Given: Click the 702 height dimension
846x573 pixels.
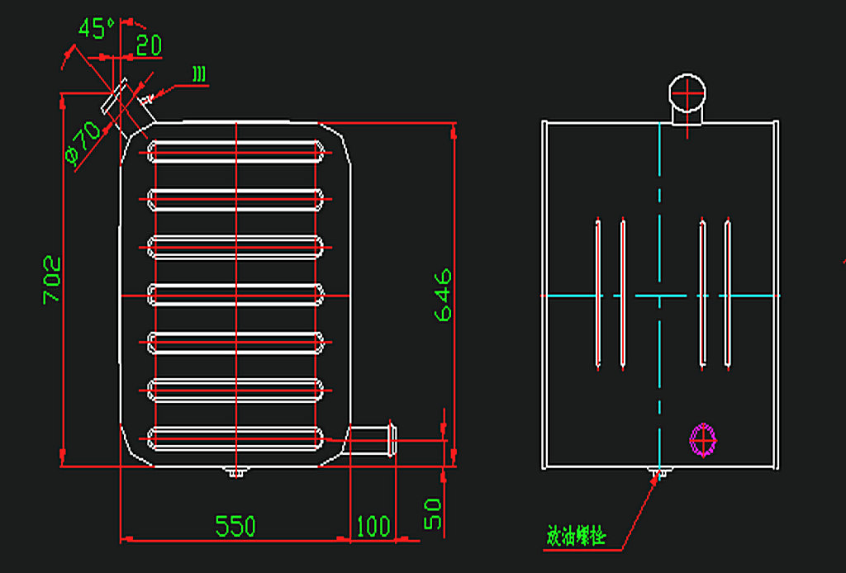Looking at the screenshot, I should (52, 280).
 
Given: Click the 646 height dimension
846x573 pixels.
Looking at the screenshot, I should (443, 294).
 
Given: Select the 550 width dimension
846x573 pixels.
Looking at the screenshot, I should (235, 526).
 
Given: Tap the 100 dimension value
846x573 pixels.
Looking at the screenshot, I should (373, 526).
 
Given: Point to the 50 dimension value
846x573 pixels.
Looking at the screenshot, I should (433, 513).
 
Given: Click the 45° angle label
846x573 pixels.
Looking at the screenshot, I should (97, 29).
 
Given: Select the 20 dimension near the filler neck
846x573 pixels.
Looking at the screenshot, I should (149, 45).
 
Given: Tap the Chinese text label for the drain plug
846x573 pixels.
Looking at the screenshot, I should (576, 537).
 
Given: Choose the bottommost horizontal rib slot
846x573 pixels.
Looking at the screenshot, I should (235, 438).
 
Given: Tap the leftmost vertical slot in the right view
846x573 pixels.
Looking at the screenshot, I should (597, 293).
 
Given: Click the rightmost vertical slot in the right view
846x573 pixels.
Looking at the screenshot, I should (728, 293).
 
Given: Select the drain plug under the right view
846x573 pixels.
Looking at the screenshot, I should (658, 473).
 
